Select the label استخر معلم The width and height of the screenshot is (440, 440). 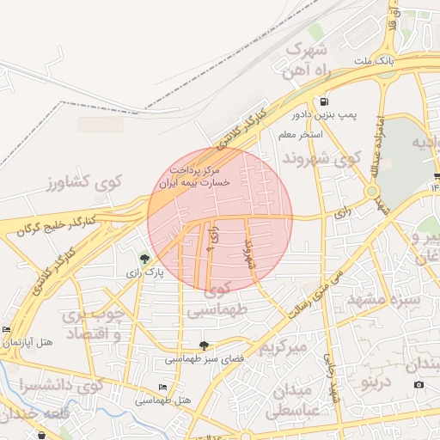coord(300,135)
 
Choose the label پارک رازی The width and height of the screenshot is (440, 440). coord(144,273)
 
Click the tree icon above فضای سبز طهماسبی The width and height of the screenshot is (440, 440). coord(204,345)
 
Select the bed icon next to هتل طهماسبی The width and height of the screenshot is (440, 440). coord(163,388)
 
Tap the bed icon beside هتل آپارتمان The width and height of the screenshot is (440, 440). coord(6,329)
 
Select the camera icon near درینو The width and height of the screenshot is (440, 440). coord(419,384)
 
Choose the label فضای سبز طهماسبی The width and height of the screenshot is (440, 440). coord(204,358)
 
